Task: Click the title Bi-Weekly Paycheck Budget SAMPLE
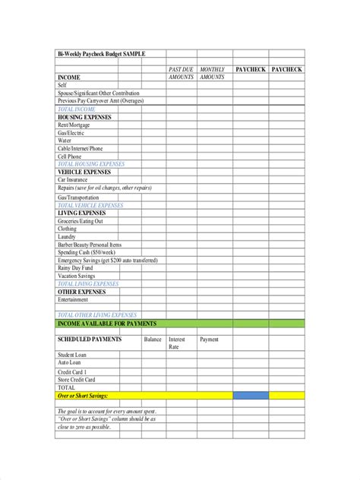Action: click(101, 53)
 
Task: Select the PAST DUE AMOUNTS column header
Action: click(181, 73)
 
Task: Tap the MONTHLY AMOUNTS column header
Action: click(212, 73)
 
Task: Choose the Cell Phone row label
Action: click(71, 156)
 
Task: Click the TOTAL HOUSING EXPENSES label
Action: click(91, 164)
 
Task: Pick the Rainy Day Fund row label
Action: click(76, 268)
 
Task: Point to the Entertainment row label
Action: click(77, 299)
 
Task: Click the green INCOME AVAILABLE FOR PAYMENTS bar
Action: click(179, 324)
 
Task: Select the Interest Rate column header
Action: click(177, 343)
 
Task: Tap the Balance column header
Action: click(153, 339)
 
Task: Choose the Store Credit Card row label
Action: click(77, 379)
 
